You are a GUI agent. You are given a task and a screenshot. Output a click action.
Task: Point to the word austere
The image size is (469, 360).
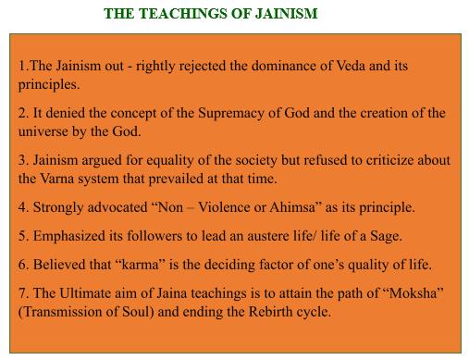pyautogui.click(x=241, y=236)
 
